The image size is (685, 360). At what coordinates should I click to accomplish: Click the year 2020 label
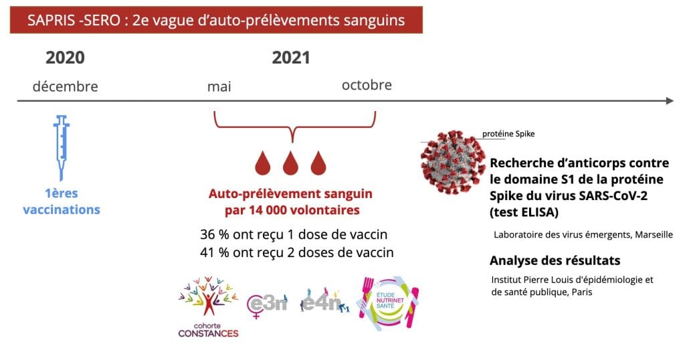(x=65, y=58)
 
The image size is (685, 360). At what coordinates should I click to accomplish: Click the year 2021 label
(x=291, y=58)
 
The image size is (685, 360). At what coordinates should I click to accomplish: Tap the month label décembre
(x=65, y=86)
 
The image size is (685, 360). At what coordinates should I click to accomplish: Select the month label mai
(x=219, y=86)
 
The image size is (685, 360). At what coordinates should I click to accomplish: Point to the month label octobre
(x=367, y=85)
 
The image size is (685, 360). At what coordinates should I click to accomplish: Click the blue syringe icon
(x=61, y=147)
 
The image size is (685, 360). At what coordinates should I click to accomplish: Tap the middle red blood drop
(x=290, y=163)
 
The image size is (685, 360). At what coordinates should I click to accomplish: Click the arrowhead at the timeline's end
(x=670, y=101)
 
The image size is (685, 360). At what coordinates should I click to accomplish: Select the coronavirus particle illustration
(x=452, y=162)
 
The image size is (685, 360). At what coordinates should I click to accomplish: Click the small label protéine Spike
(x=508, y=134)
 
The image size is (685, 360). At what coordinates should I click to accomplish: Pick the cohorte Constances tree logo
(x=209, y=306)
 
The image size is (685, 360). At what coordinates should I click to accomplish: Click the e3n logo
(x=267, y=303)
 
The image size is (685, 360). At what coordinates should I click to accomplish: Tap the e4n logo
(x=324, y=300)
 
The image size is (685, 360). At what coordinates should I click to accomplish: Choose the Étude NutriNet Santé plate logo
(x=388, y=302)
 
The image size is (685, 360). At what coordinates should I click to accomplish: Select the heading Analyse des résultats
(x=555, y=260)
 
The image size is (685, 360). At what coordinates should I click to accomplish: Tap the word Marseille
(x=654, y=235)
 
